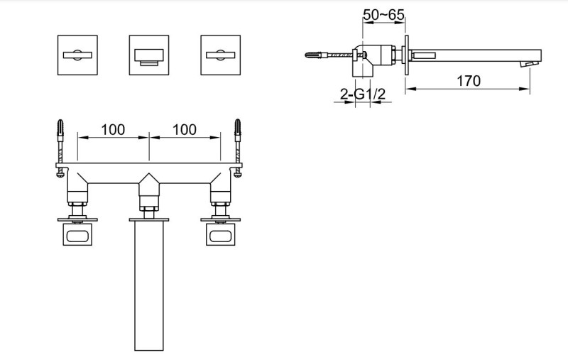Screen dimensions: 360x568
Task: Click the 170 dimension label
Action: [469, 81]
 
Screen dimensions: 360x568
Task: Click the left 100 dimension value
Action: [113, 129]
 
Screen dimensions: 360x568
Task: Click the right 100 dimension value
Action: [185, 129]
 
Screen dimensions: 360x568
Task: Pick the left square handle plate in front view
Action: [76, 54]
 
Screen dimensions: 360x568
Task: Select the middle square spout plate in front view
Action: [148, 54]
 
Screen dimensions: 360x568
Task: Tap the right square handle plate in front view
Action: [221, 54]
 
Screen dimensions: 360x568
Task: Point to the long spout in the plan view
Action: [149, 284]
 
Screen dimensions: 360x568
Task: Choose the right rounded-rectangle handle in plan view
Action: [222, 235]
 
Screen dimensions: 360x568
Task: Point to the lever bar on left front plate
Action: [76, 54]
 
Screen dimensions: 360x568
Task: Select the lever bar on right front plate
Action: [221, 54]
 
